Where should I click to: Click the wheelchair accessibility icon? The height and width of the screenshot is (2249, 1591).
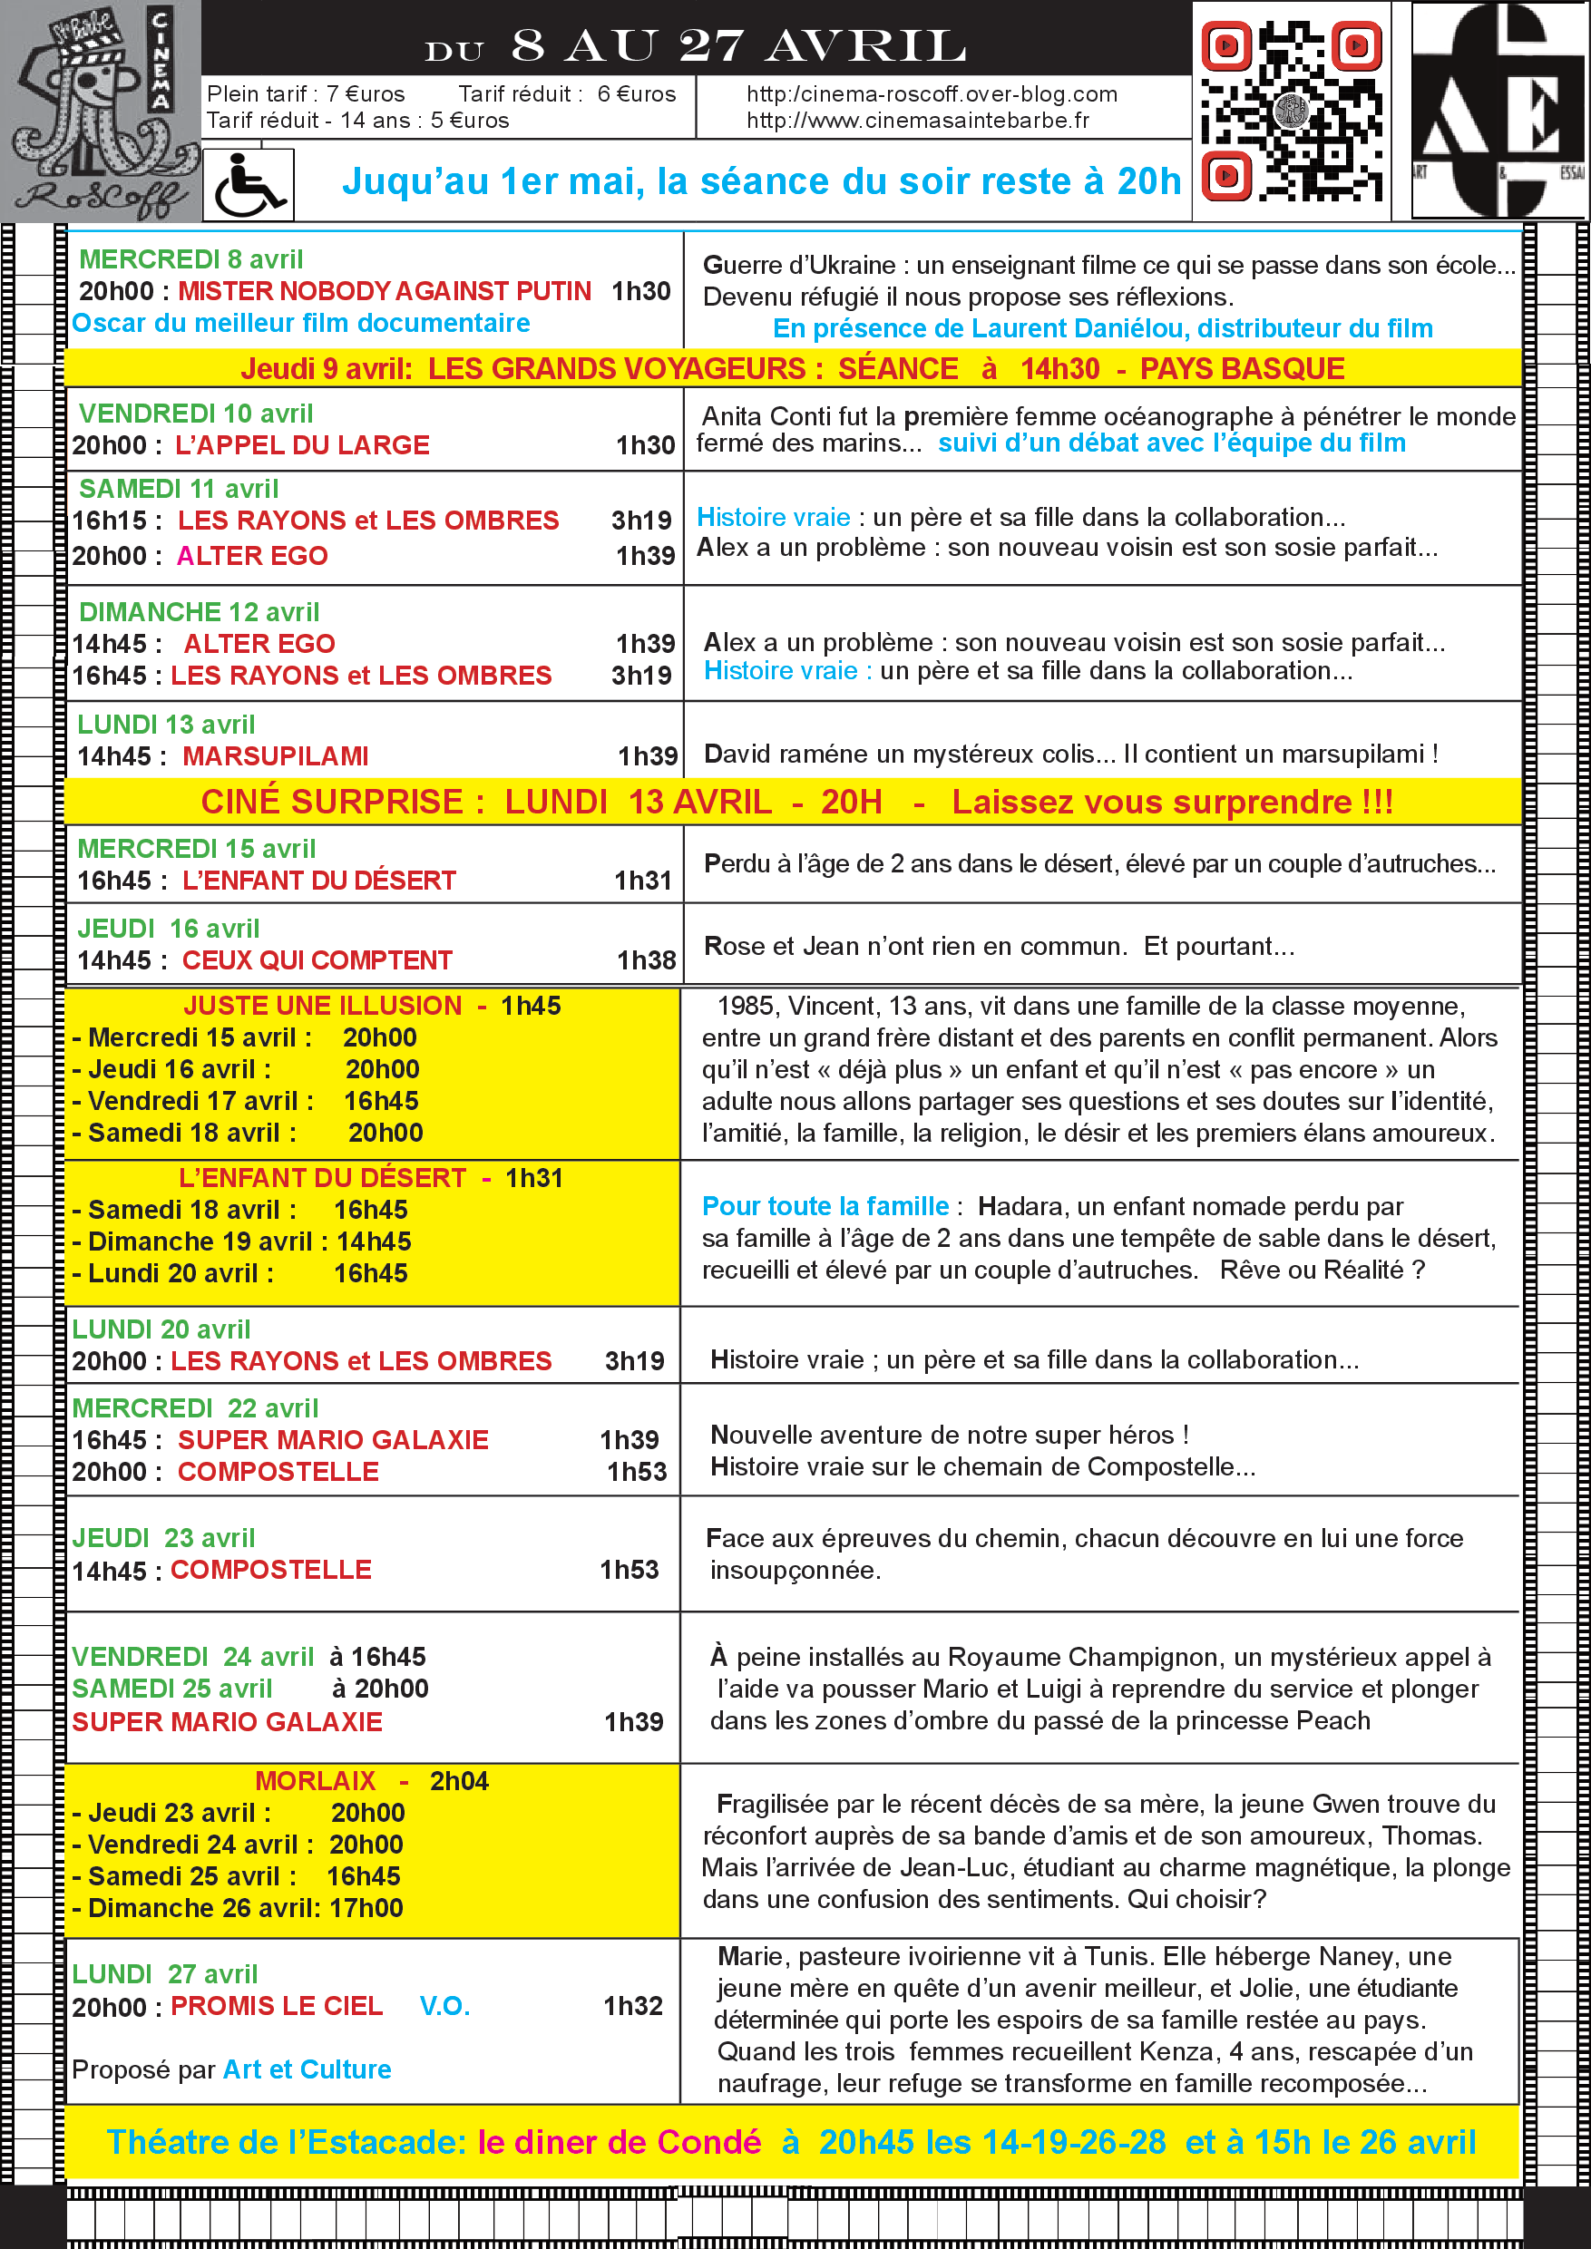(248, 185)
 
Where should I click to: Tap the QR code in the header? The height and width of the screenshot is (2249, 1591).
(1292, 111)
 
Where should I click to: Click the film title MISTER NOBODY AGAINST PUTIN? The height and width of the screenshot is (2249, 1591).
(384, 291)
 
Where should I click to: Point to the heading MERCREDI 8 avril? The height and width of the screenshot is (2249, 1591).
(191, 259)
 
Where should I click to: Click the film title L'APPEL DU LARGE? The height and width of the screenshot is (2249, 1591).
(302, 445)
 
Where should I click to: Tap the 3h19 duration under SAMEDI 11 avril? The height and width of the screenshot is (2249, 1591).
(641, 521)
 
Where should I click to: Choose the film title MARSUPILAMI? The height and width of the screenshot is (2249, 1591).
(275, 756)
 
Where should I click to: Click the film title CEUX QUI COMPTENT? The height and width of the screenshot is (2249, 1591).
(317, 960)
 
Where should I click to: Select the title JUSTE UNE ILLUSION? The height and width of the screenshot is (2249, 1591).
(322, 1006)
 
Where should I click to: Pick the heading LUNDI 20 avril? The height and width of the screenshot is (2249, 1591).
(161, 1329)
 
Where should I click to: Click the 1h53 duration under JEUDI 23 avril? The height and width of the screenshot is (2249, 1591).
(629, 1570)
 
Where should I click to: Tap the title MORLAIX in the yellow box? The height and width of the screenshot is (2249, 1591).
(316, 1781)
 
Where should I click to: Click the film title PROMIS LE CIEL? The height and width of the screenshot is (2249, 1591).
(277, 2006)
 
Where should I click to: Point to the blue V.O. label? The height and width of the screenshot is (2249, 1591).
(444, 2006)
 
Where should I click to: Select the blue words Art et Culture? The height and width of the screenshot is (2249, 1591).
(307, 2069)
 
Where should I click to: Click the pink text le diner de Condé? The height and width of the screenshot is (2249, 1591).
(620, 2142)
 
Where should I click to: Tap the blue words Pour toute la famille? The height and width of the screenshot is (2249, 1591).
(825, 1206)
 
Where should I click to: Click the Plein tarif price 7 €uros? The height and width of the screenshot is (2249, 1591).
(366, 94)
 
